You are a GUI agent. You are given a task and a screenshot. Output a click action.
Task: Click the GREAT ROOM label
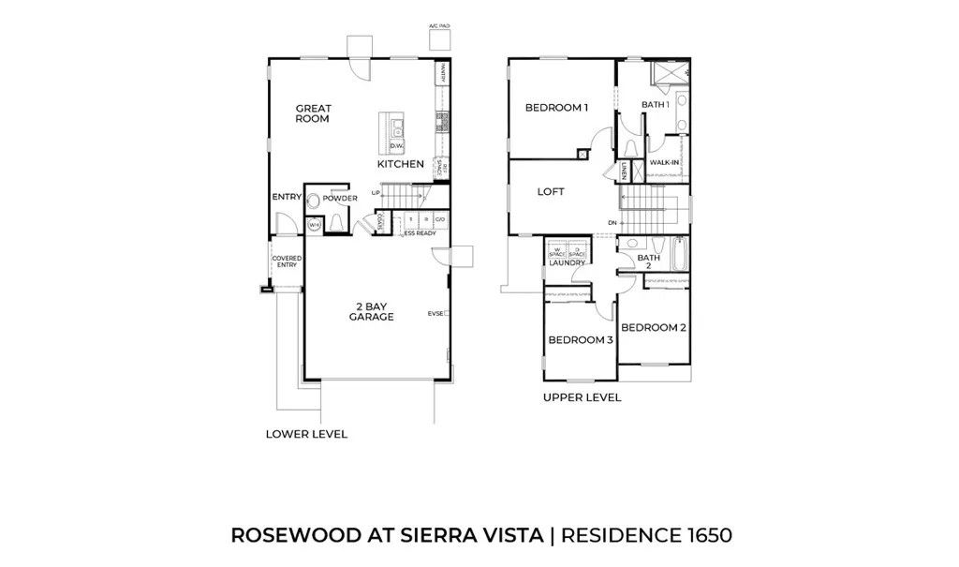coord(313,113)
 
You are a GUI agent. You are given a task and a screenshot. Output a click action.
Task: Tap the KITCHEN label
coord(401,164)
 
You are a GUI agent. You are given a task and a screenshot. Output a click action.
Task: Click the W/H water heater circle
coord(315,225)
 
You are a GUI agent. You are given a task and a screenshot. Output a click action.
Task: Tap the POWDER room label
coord(340,199)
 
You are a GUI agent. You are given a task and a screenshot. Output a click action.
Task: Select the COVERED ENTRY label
coord(286,261)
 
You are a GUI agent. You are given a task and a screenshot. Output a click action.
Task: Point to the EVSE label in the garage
coord(435,313)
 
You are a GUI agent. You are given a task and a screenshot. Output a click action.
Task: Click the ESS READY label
coord(420,233)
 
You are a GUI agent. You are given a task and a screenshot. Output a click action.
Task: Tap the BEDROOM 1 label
coord(556,108)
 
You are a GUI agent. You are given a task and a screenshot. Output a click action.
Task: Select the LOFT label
coord(551,191)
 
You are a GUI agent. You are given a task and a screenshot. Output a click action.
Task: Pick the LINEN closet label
coord(624,171)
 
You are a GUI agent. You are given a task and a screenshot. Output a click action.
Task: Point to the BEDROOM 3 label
coord(581,339)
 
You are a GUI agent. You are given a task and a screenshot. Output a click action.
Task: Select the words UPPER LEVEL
coord(582,397)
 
